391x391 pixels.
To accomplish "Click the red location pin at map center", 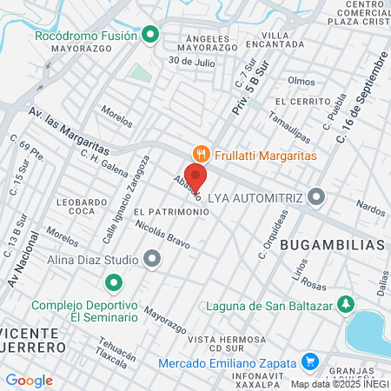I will point(195,176).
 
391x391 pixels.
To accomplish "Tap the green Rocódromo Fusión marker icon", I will point(150,36).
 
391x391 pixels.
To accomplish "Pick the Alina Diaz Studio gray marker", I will point(154,259).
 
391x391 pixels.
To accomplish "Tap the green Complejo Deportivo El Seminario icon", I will point(113,282).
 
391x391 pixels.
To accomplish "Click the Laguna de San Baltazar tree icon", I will point(346,305).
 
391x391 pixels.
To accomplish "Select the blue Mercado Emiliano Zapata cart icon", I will point(309,362).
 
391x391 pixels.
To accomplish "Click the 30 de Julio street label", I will point(191,62).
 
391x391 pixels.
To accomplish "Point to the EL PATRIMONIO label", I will point(171,211).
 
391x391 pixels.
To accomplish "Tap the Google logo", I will point(29,380).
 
